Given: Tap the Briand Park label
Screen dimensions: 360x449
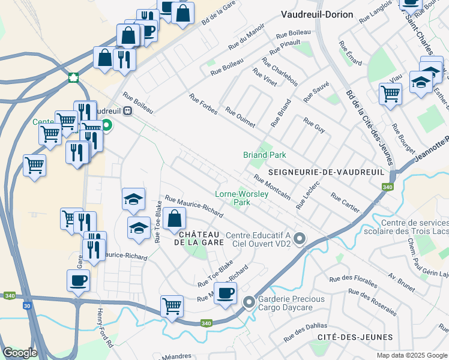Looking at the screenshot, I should point(264,155).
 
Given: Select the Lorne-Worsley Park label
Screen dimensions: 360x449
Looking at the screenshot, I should point(241,198).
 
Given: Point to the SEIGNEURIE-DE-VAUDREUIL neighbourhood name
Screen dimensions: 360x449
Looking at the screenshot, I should point(326,172).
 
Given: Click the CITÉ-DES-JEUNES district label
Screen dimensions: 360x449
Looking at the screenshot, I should point(356,337).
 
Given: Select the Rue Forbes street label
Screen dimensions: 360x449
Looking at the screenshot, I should point(202,105).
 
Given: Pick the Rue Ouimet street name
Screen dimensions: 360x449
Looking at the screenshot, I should point(240,118).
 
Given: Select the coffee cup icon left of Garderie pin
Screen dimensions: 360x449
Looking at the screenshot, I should point(226,293).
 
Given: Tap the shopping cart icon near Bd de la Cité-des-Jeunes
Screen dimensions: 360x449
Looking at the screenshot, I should point(390,93).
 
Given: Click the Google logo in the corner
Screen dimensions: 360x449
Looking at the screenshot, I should point(19,353).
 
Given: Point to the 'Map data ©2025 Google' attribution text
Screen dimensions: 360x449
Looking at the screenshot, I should point(411,355).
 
